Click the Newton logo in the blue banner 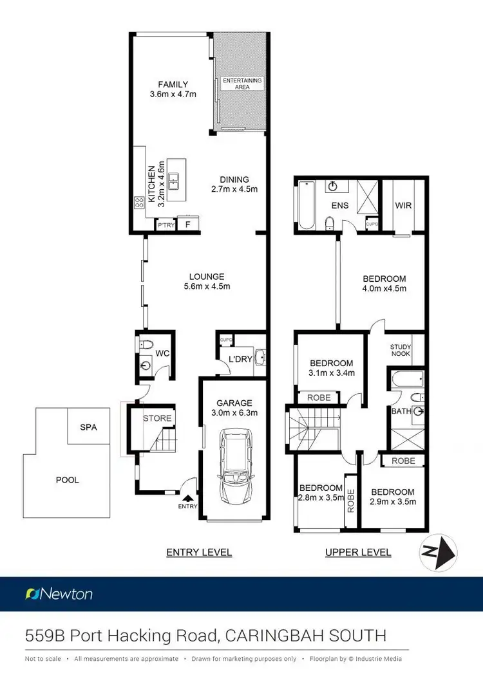coord(59,594)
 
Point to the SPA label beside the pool coord(88,427)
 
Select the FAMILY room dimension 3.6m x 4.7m coord(173,95)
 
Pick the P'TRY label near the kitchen coord(166,225)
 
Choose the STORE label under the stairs coord(157,418)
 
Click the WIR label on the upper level coord(404,206)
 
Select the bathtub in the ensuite coord(305,205)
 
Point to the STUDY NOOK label coord(401,350)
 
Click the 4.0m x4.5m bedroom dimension coord(384,288)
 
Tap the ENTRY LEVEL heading coord(199,552)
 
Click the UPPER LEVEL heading coord(358,552)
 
